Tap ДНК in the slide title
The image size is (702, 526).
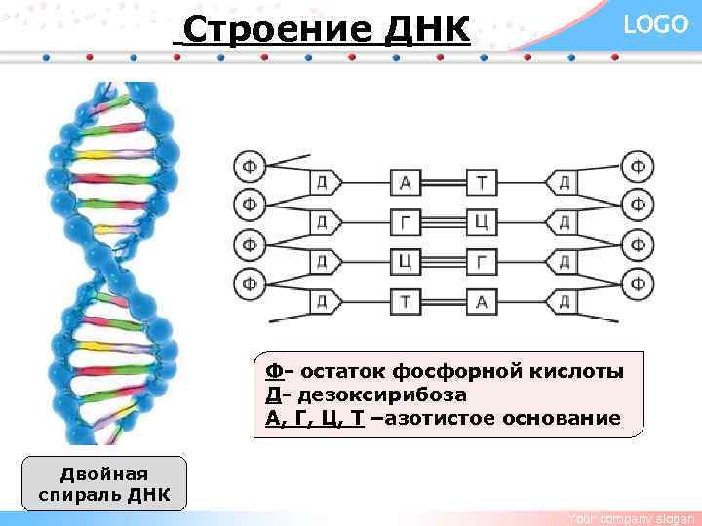[x=426, y=31]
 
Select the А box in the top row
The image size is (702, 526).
[x=405, y=183]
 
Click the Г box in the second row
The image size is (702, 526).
[x=405, y=223]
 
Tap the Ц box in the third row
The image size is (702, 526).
[x=405, y=262]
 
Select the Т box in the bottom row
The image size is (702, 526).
[x=405, y=302]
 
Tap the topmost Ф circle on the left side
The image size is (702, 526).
[x=250, y=167]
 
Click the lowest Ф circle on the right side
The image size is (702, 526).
[x=638, y=283]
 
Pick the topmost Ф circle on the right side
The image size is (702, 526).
[x=638, y=167]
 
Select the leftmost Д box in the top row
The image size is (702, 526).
[x=322, y=183]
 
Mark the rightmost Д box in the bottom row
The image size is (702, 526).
[x=564, y=302]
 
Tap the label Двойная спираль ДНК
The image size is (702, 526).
[x=103, y=484]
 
